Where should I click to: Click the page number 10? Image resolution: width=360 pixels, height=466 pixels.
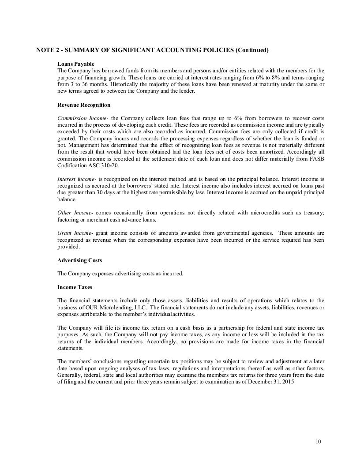click(x=319, y=441)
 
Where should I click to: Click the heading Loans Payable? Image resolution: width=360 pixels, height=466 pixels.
click(x=76, y=64)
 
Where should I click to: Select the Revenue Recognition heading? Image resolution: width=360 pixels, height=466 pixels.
click(x=84, y=105)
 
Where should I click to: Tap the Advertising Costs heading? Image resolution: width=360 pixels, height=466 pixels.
click(x=80, y=260)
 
